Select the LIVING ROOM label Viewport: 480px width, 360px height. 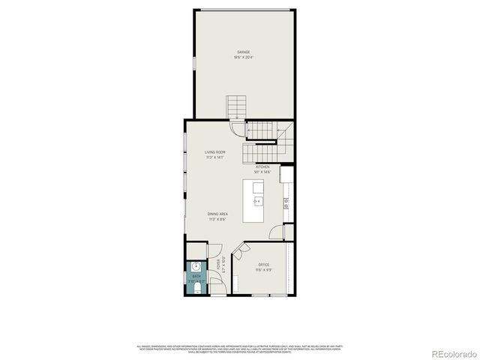[215, 152]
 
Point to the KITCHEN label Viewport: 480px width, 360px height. [262, 167]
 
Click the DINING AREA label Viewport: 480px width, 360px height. [218, 214]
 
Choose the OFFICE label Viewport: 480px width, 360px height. [263, 265]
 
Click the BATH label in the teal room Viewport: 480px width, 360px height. [196, 277]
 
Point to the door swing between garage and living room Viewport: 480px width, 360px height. [238, 128]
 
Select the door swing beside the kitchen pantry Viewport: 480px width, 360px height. [277, 232]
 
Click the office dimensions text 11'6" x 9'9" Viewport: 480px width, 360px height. [263, 271]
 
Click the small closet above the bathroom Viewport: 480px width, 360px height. [195, 250]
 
